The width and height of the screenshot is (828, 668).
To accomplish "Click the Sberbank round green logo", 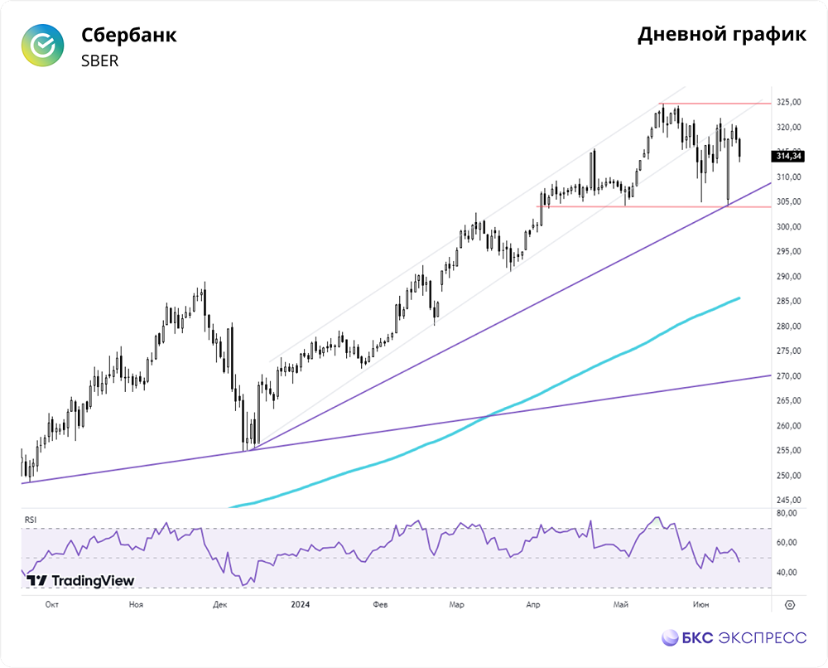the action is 43,45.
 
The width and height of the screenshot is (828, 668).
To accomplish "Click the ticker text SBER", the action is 100,61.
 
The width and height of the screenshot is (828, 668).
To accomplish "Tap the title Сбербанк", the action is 129,35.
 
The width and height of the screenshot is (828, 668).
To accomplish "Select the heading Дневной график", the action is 722,34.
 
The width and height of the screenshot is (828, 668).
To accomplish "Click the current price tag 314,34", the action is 788,156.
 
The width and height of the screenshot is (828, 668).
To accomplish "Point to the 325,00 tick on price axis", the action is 789,102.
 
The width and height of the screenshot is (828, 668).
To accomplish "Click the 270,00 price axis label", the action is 789,376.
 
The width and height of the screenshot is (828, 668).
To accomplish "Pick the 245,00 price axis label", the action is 789,500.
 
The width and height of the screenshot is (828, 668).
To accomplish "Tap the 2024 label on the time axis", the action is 301,604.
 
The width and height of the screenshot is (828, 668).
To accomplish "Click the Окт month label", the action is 51,604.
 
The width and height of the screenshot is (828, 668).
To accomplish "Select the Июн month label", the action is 700,604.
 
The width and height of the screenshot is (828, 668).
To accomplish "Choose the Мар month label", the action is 457,604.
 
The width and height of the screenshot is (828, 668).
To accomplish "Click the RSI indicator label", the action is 31,520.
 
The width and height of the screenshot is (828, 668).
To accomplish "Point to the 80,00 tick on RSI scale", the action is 787,513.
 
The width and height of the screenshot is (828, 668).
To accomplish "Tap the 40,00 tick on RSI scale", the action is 787,573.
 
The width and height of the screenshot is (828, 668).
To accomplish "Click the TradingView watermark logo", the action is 80,581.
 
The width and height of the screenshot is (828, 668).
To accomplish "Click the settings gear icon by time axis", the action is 790,605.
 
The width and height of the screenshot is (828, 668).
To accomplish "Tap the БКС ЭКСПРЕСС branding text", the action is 734,638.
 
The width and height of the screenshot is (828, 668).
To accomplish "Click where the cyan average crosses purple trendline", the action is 488,416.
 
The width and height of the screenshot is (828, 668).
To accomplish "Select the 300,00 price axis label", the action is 789,227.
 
